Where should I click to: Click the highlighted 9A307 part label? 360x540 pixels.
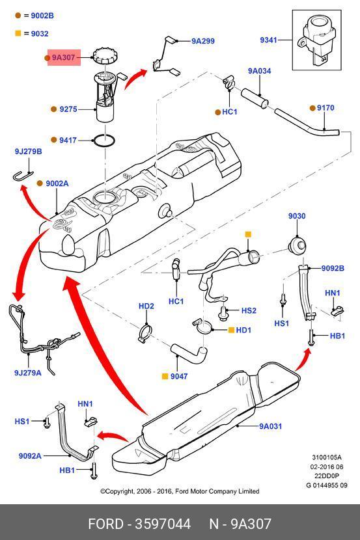tap(63, 57)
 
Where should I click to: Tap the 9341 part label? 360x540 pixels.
tap(268, 40)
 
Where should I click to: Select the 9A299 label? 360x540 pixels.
tap(203, 41)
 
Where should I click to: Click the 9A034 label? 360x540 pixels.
tap(259, 71)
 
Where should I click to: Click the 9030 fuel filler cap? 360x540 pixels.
tap(297, 245)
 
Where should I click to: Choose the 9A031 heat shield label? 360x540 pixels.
tap(270, 426)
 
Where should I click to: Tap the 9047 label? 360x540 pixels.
tap(179, 377)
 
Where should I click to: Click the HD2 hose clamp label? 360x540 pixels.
tap(146, 306)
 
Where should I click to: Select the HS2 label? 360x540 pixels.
tap(249, 310)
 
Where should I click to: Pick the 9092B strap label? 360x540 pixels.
tap(333, 268)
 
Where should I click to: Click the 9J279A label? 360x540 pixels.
tap(27, 373)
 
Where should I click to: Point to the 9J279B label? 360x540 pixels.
tap(28, 152)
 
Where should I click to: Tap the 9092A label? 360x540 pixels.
tap(30, 456)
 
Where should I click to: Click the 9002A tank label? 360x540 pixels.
tap(57, 183)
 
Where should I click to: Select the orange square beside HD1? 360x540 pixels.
tap(232, 330)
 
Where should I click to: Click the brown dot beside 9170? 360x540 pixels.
tap(312, 108)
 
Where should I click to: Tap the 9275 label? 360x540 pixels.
tap(68, 109)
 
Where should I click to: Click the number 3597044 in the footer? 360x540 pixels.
tap(163, 524)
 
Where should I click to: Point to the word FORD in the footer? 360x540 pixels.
tap(105, 524)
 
